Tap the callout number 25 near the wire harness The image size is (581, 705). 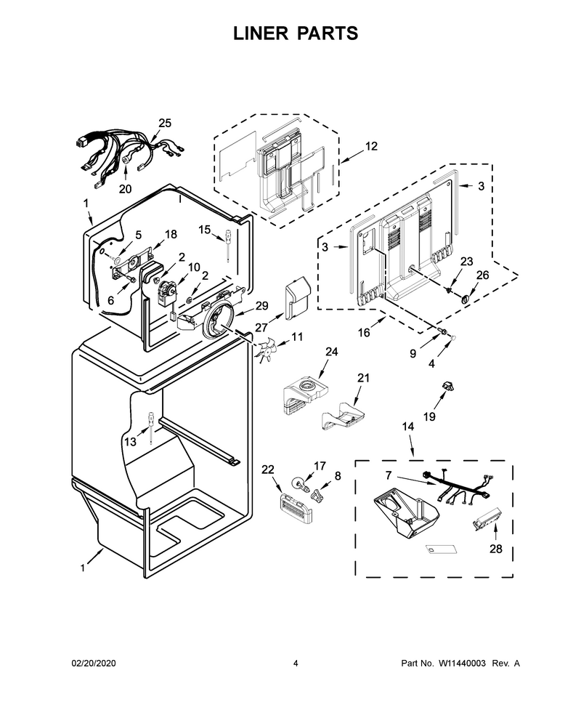(x=165, y=124)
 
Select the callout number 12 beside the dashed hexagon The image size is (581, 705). (x=371, y=146)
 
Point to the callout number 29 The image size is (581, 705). (x=262, y=306)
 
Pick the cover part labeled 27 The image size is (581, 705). (x=297, y=299)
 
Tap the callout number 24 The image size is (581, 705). (x=332, y=352)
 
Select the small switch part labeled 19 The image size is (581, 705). (x=448, y=386)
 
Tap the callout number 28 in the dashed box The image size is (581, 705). (x=495, y=549)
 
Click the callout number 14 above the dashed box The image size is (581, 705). (x=408, y=426)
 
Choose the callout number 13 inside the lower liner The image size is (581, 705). (x=130, y=442)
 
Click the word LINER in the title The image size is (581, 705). (x=260, y=33)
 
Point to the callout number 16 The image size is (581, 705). (x=364, y=332)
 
